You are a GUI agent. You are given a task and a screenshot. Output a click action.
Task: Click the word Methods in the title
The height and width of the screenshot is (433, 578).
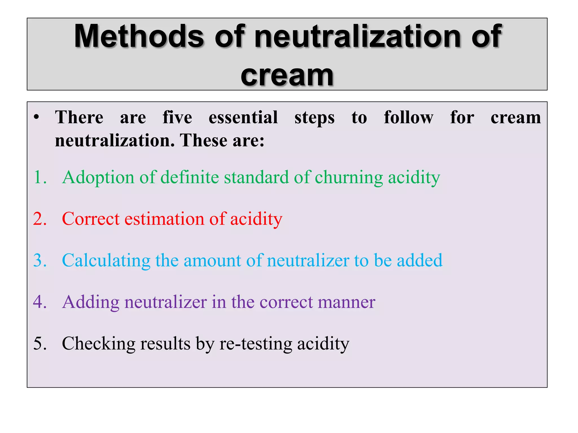coord(139,36)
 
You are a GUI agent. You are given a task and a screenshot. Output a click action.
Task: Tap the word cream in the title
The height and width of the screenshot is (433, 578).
coord(287,76)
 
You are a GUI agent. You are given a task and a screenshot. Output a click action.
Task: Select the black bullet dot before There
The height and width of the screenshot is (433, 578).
coord(36,117)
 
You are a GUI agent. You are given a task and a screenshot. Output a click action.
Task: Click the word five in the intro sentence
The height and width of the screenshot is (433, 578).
coord(177,117)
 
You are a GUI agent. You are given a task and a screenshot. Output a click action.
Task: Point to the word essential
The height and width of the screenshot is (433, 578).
coord(243,117)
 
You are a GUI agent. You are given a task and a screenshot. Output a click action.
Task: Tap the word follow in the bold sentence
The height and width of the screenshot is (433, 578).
coord(408,117)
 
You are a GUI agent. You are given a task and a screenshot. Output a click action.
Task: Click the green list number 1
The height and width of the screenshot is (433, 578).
coord(40,177)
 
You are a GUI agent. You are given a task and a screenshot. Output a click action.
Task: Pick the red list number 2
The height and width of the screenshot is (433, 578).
coord(40,219)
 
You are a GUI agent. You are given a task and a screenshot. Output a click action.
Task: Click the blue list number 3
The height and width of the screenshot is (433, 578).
coord(40,260)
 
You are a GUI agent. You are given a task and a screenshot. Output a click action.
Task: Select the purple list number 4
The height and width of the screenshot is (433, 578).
coord(40,302)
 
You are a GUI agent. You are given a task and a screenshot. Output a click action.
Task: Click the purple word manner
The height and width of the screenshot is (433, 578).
coord(346,302)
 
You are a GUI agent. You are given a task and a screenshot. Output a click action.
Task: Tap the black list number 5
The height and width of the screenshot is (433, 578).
coord(40,343)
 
